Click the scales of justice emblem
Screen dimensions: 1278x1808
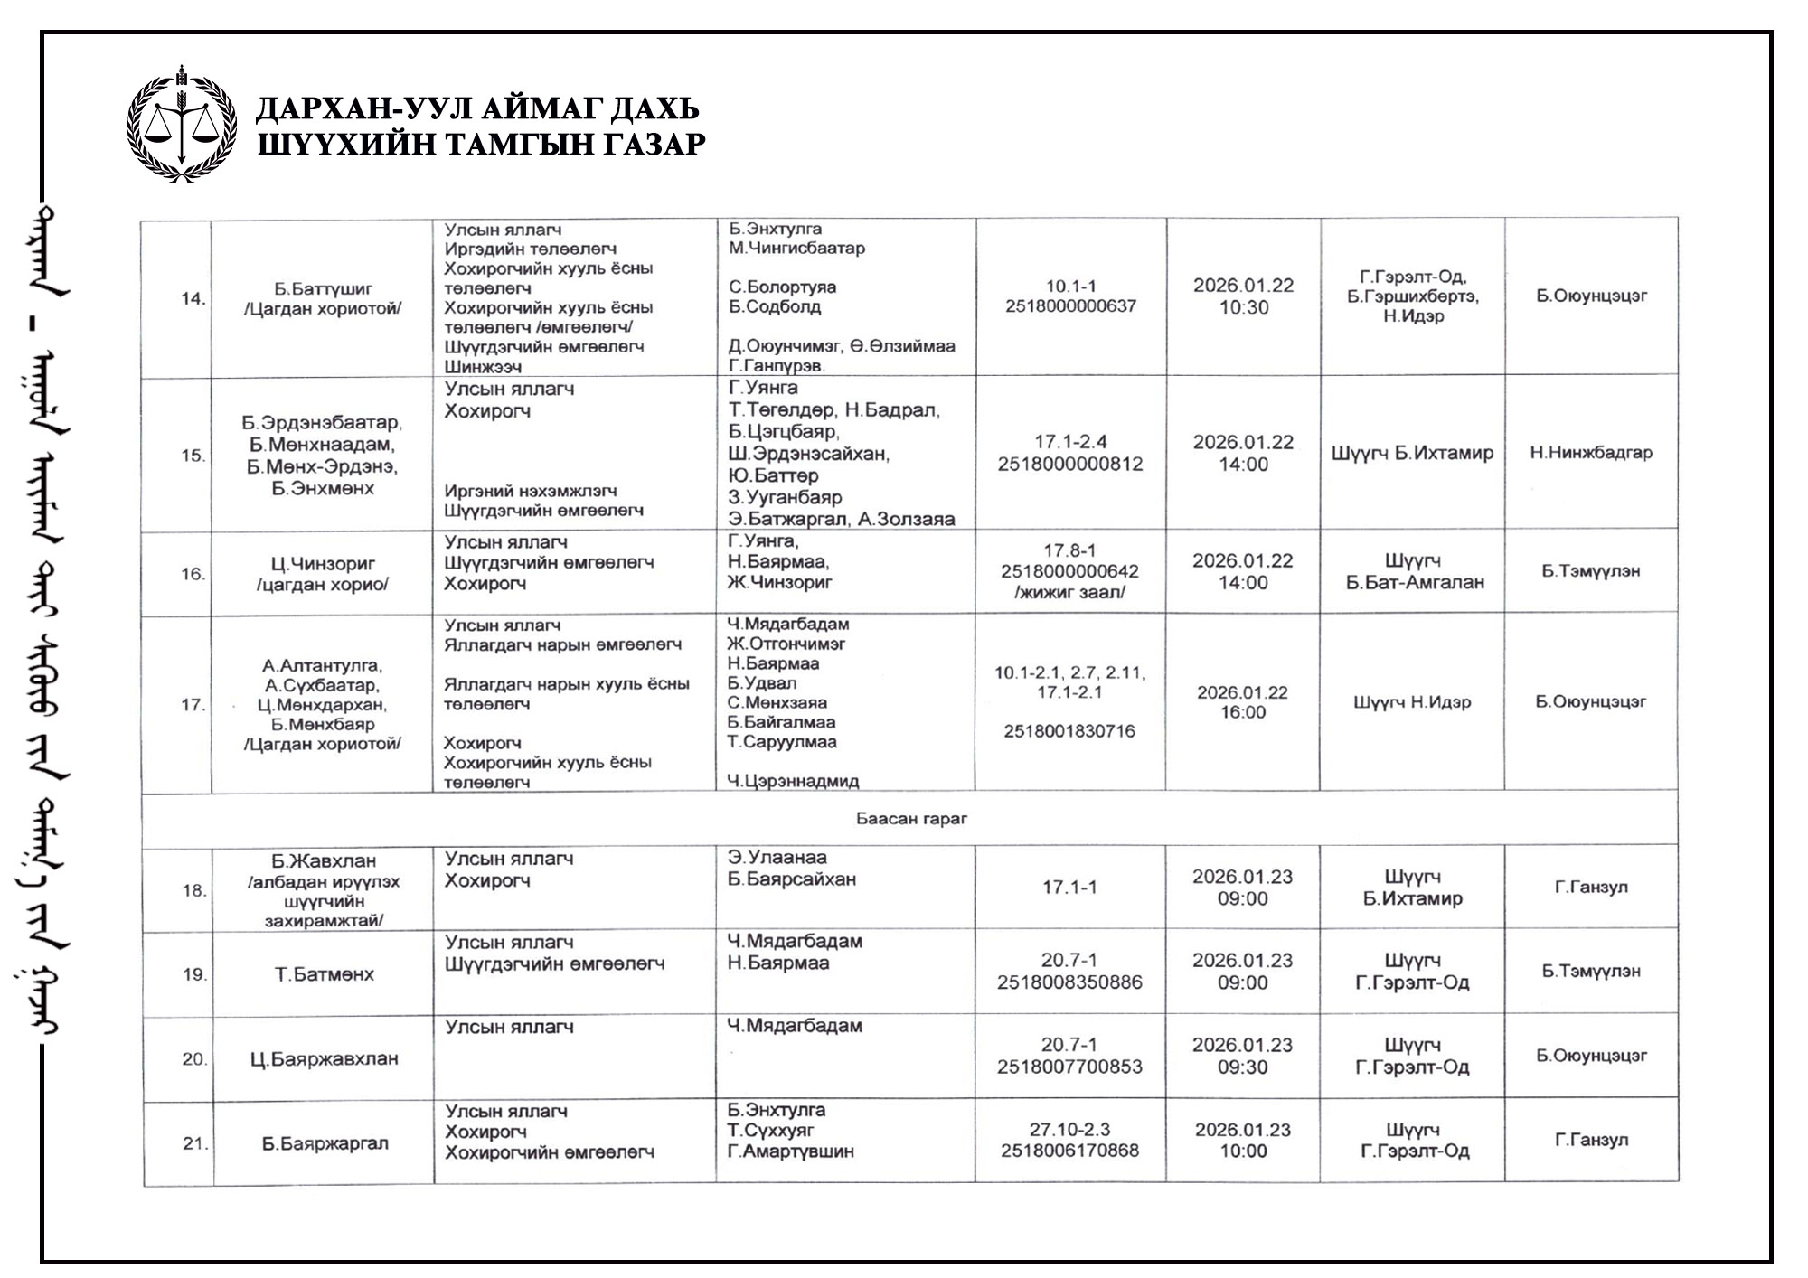[x=182, y=125]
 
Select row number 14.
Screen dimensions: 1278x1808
[x=193, y=298]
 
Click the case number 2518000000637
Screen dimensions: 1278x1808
[x=1070, y=306]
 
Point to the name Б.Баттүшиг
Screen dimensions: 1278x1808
[x=323, y=289]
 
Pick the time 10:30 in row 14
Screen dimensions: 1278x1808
[x=1243, y=307]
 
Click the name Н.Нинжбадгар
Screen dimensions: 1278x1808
[x=1590, y=453]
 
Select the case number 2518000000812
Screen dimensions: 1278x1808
[x=1070, y=464]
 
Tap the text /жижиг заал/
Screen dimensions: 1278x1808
[x=1070, y=593]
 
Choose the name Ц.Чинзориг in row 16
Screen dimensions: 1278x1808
[x=323, y=564]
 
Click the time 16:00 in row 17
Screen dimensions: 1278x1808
[x=1242, y=712]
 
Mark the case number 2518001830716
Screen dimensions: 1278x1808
[x=1069, y=731]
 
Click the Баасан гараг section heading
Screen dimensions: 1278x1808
[x=911, y=819]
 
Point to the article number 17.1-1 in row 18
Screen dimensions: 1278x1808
[x=1069, y=888]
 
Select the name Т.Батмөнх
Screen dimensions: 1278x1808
[x=324, y=974]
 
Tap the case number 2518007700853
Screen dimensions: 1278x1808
[x=1069, y=1067]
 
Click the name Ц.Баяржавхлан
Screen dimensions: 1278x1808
[x=324, y=1058]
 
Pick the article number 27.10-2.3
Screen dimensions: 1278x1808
[x=1069, y=1129]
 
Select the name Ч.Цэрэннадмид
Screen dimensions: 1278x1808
[x=793, y=781]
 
